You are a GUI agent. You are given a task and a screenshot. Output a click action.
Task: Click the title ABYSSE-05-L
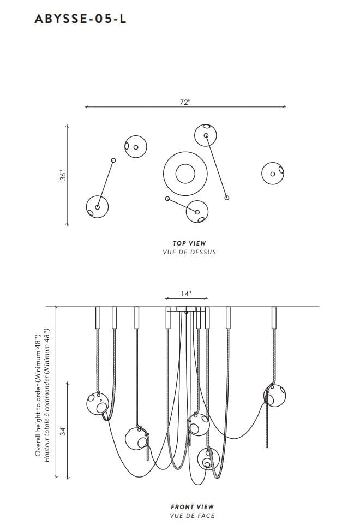(80, 19)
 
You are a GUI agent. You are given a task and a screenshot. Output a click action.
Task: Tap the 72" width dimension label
(185, 102)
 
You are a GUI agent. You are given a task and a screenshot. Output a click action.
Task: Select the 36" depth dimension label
(63, 175)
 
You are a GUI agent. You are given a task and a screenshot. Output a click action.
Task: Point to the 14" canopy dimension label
(186, 294)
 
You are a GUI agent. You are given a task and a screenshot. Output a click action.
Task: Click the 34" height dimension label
(63, 431)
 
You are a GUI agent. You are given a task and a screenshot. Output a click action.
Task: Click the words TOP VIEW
(189, 243)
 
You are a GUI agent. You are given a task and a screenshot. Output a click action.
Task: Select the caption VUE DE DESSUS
(189, 252)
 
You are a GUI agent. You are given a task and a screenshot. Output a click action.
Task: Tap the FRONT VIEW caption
(192, 507)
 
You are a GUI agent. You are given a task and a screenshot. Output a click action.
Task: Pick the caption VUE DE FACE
(192, 516)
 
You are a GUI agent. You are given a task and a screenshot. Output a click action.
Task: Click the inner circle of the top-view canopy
(185, 174)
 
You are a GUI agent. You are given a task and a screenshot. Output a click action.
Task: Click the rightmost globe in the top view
(273, 174)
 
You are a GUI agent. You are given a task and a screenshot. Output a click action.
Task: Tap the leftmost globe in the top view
(98, 207)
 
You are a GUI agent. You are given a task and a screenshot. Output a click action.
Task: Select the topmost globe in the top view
(206, 135)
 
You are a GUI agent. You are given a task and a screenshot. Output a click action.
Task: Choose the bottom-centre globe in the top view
(197, 212)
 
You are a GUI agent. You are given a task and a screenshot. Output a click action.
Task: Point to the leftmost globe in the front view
(98, 403)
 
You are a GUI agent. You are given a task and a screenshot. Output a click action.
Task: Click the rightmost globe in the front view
(275, 395)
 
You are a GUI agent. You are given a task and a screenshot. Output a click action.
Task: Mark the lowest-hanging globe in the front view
(208, 458)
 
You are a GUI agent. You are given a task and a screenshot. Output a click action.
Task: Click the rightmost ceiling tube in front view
(274, 318)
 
